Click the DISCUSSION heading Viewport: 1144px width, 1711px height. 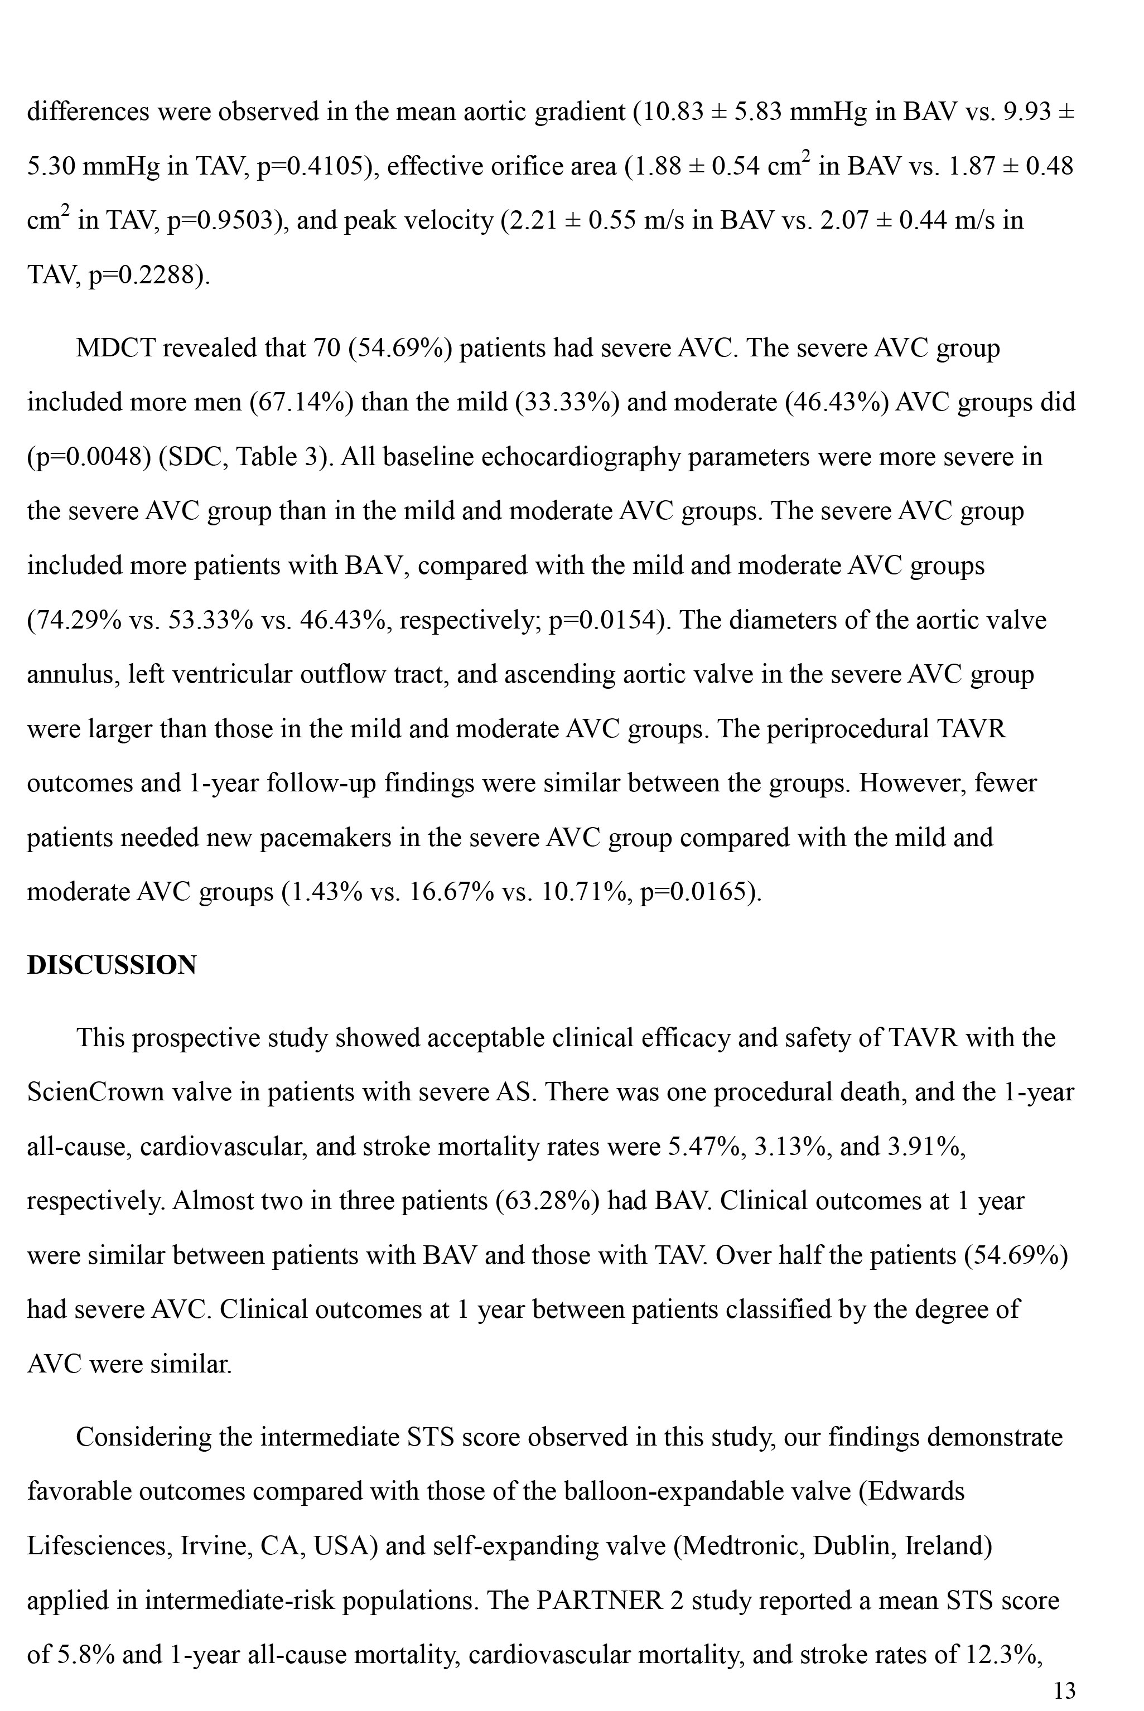pos(112,965)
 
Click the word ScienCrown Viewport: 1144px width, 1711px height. pos(95,1092)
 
